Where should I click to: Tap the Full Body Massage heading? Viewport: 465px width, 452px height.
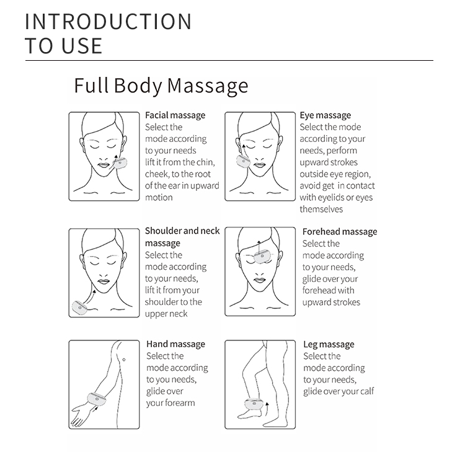click(x=161, y=85)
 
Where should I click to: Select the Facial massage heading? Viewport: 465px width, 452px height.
click(x=175, y=115)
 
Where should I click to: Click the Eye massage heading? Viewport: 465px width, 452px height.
click(x=325, y=115)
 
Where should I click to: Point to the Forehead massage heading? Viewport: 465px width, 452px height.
click(x=340, y=232)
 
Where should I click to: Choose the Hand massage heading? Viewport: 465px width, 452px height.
click(x=175, y=344)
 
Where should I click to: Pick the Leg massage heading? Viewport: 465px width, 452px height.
click(x=329, y=344)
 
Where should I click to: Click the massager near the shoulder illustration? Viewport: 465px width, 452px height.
click(x=81, y=306)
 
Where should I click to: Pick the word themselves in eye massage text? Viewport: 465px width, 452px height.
click(x=321, y=210)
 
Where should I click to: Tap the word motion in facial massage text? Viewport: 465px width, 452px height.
click(x=159, y=198)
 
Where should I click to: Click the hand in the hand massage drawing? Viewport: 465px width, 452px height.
click(x=80, y=416)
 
